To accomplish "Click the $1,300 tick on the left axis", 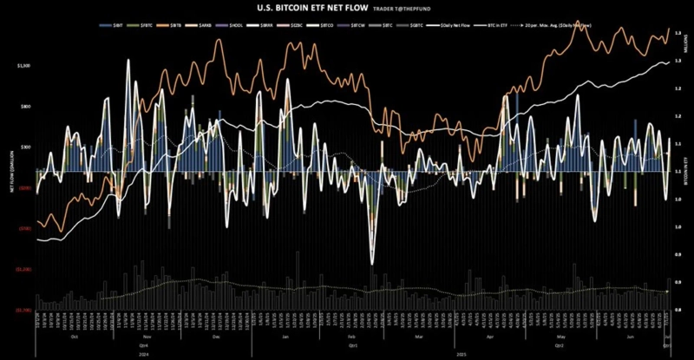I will click(23, 66).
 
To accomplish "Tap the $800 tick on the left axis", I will click(25, 107).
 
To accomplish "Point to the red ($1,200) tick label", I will click(23, 270).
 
